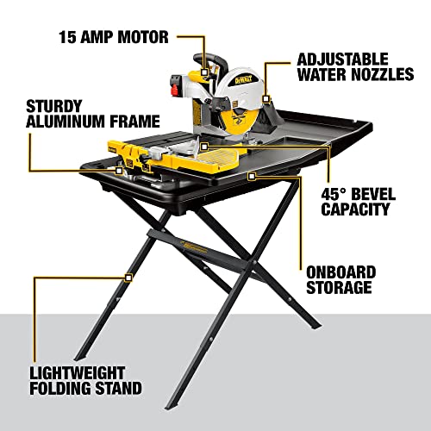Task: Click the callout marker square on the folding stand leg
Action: click(x=128, y=277)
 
